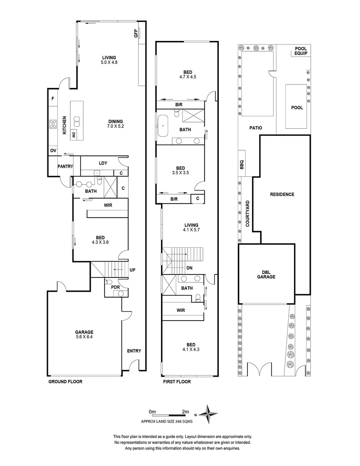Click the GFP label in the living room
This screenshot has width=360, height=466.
coord(136,34)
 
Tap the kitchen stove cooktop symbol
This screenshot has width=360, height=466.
coord(54,124)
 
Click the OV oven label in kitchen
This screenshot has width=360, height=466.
coord(53,150)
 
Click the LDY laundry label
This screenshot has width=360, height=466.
coord(103,163)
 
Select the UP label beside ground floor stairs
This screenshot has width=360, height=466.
coord(133,270)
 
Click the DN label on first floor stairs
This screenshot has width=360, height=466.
coord(189,268)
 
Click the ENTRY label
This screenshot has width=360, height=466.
coord(134,351)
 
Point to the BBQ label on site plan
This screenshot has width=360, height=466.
coord(242,165)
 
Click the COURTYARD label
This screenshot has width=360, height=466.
coord(247,214)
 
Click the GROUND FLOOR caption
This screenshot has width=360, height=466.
coord(65,382)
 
